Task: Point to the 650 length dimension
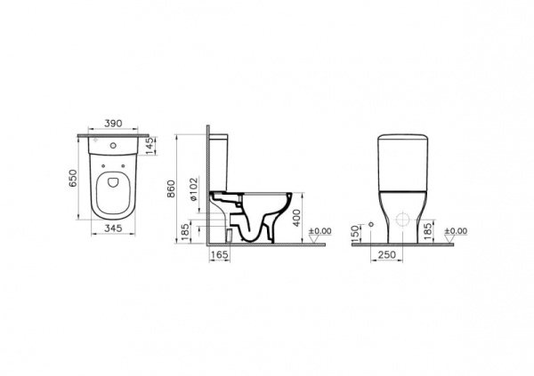pyautogui.click(x=74, y=178)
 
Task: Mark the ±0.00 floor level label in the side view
pyautogui.click(x=318, y=232)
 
